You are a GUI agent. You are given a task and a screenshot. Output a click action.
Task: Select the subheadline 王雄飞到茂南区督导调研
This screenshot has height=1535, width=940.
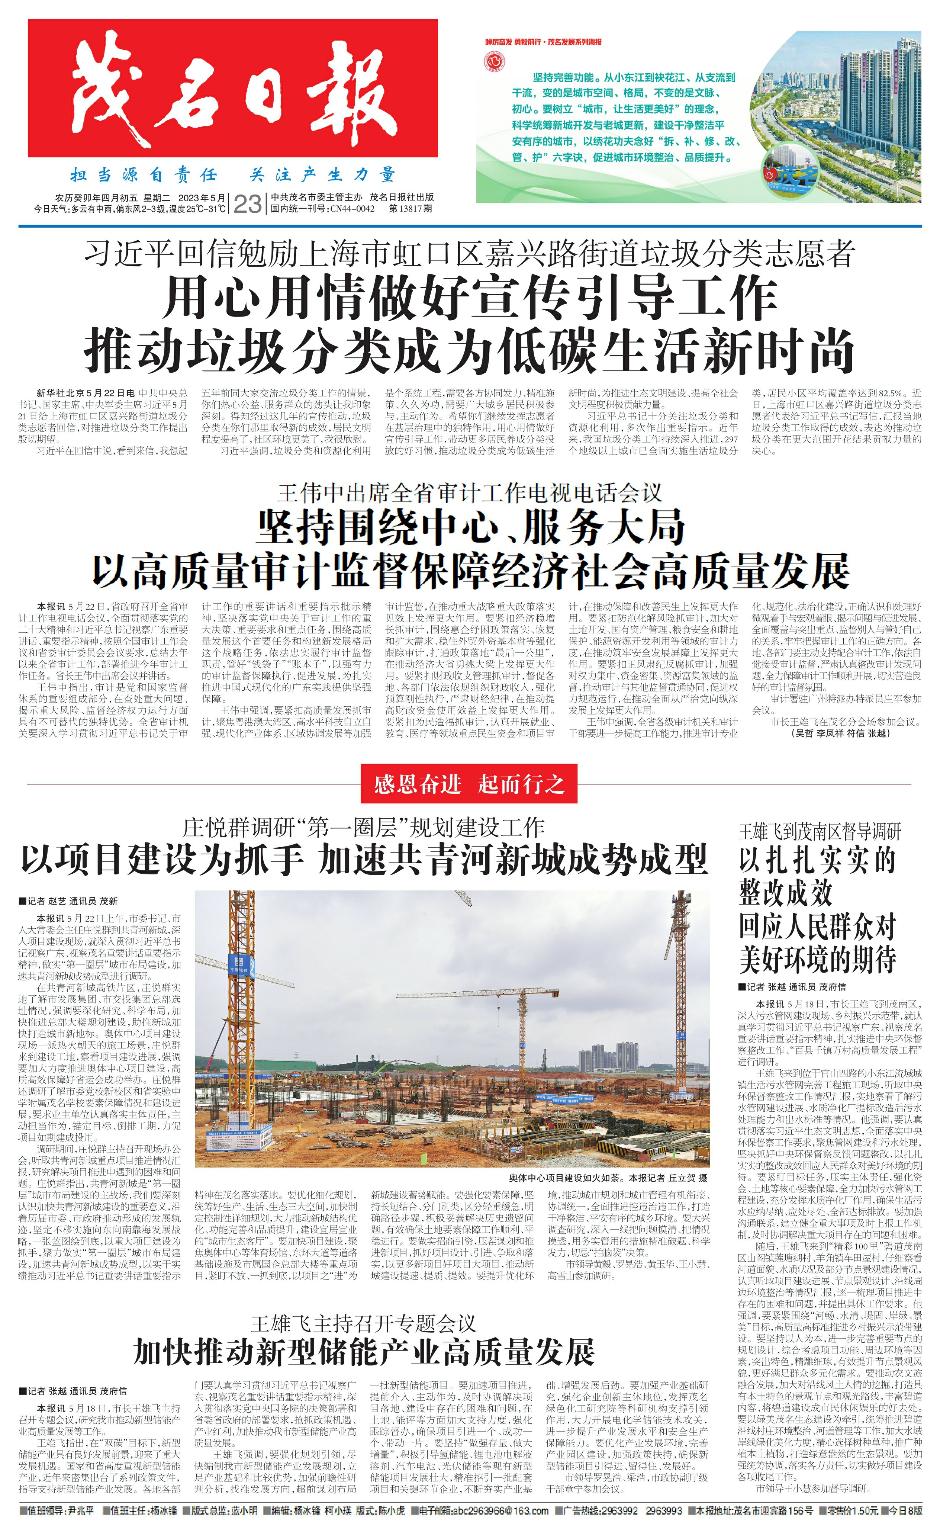coord(819,831)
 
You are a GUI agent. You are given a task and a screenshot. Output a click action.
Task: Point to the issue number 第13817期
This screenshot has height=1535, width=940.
coord(410,209)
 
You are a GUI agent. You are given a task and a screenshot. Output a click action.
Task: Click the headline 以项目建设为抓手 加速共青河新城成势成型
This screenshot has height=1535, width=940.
coord(364,860)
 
